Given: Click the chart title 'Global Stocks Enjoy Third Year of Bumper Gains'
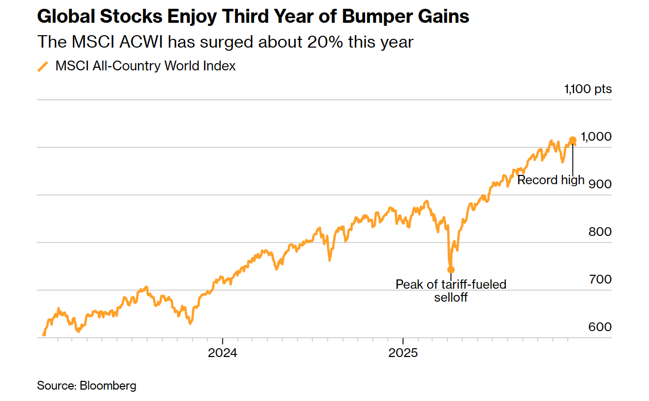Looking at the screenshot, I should point(253,17).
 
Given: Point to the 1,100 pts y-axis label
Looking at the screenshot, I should point(588,89).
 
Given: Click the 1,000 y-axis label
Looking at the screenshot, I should point(596,137).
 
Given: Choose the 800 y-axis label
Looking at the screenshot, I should point(600,232).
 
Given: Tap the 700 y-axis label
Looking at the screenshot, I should point(600,279).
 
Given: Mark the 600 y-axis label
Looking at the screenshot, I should point(600,327).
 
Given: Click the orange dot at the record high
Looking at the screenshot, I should point(572,140).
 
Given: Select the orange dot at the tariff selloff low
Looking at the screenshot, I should point(451,270).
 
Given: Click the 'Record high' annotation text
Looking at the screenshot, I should point(551,180).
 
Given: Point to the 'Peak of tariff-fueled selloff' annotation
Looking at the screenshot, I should point(451,291).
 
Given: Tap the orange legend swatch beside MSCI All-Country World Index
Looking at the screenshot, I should point(43,66).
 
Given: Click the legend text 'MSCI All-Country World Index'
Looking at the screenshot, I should point(145,66).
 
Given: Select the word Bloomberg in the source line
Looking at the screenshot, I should point(108,385).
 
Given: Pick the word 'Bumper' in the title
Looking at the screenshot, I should point(373,17).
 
